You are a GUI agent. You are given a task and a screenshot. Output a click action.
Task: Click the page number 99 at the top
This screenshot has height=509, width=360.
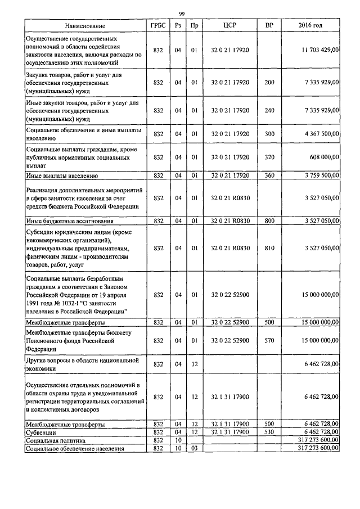(182, 13)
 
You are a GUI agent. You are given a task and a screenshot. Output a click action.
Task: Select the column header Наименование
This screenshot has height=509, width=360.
(85, 26)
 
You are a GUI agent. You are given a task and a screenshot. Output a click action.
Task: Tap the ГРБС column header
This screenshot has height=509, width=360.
(158, 26)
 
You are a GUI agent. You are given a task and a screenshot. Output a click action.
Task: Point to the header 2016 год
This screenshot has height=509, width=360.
(310, 26)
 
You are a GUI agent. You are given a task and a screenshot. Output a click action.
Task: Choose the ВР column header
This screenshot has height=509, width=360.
(269, 26)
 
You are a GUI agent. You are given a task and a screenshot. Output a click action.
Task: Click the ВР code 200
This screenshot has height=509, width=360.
(269, 82)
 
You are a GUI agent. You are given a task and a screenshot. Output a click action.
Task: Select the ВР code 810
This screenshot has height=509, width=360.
(269, 247)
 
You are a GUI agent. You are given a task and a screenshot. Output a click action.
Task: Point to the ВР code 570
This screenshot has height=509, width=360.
(269, 340)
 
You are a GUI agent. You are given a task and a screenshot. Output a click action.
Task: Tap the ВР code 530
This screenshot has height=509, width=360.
(269, 432)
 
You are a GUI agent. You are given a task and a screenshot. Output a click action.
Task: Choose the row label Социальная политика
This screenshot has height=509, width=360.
(55, 440)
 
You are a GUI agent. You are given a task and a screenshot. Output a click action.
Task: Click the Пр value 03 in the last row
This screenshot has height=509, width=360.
(194, 448)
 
